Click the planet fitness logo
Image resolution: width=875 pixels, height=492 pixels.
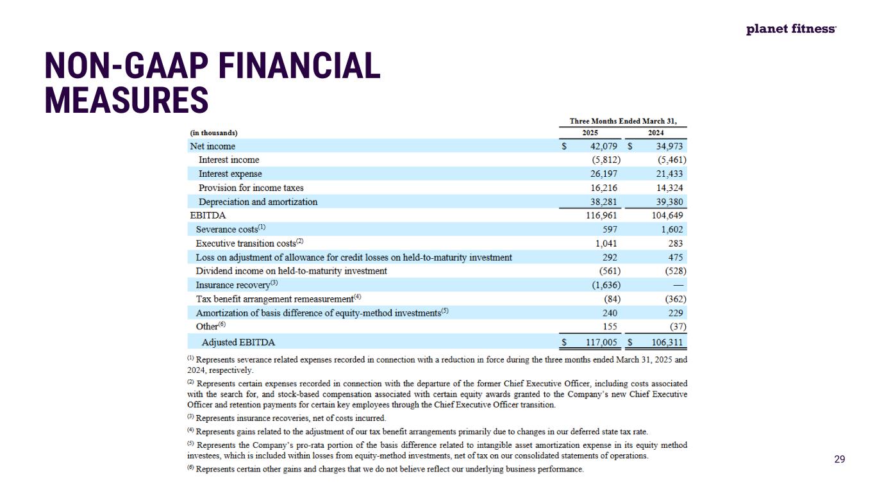[791, 29]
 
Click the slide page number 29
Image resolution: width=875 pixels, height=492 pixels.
[839, 459]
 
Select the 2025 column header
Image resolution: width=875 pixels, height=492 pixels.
[590, 133]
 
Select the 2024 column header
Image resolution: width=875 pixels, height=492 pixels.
[656, 133]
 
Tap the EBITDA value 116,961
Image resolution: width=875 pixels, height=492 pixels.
[603, 216]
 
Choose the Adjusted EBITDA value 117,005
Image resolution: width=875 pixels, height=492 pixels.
[603, 342]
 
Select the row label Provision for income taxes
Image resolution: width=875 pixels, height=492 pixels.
[251, 188]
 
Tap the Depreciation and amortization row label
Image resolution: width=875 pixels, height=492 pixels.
[258, 202]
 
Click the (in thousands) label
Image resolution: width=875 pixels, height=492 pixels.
[213, 133]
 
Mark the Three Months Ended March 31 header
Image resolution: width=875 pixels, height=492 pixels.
[623, 121]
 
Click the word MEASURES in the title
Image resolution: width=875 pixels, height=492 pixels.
[126, 101]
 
